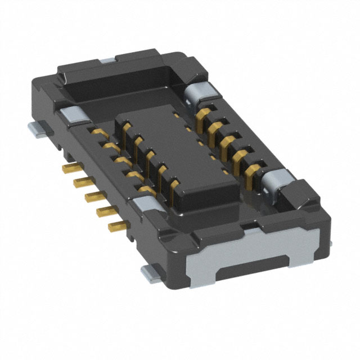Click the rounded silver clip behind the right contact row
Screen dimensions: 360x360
(x=199, y=92)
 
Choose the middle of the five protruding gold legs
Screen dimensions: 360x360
(x=92, y=196)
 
